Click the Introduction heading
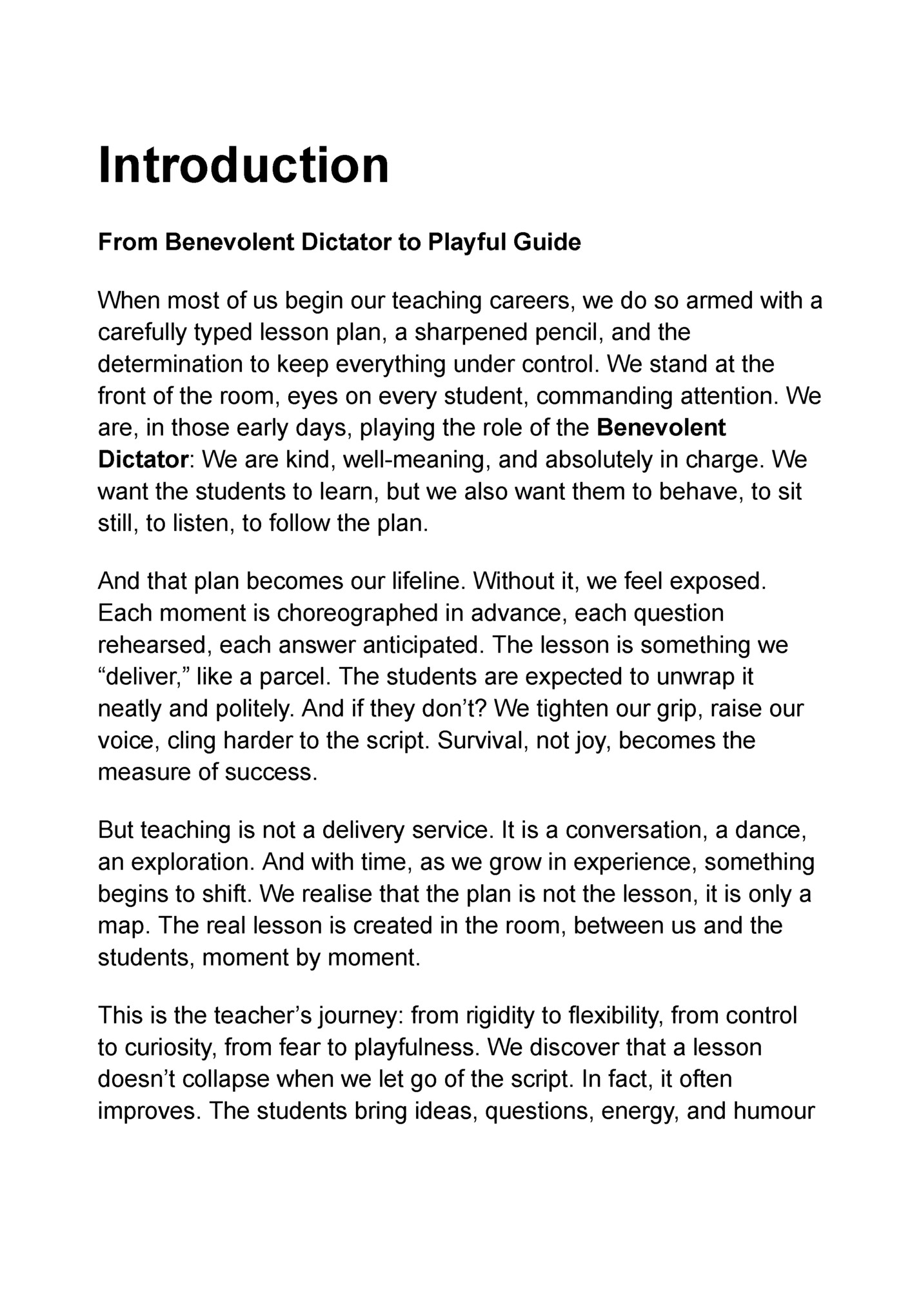click(x=243, y=165)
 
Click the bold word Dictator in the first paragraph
click(x=143, y=460)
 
